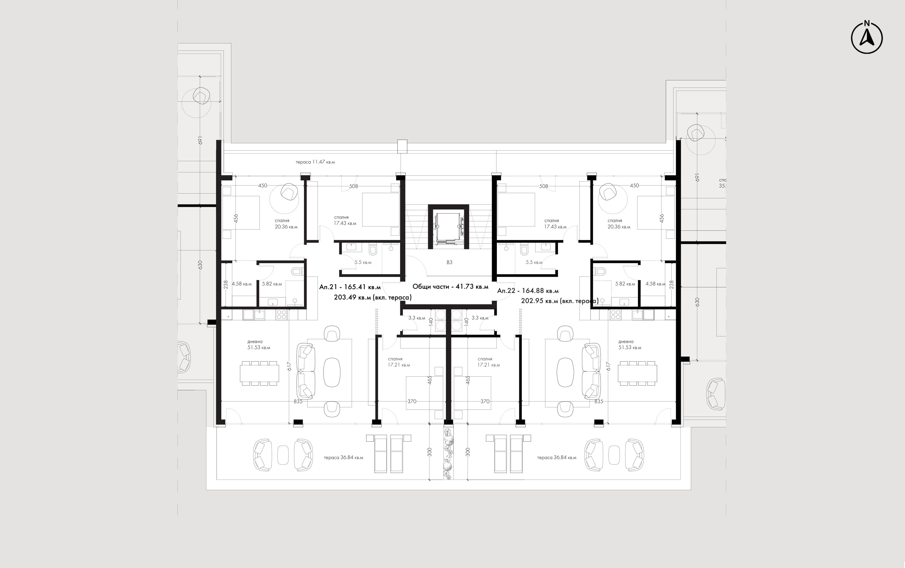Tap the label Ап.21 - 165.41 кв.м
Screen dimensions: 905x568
point(350,287)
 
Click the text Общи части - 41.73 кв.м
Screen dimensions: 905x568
point(450,287)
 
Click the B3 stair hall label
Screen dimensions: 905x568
point(449,262)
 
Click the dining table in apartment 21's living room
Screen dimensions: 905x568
point(260,373)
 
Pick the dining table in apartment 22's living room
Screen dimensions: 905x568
point(638,373)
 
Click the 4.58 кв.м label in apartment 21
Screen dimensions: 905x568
point(242,284)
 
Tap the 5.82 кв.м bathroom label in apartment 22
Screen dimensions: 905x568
point(625,284)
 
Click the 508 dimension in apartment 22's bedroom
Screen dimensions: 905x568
point(543,186)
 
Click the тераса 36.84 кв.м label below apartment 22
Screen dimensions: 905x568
point(557,458)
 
